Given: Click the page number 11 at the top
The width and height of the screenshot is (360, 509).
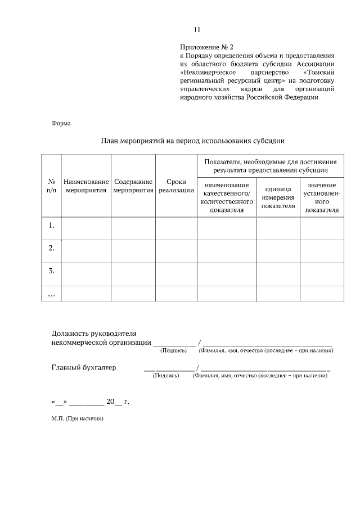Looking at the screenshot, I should click(197, 30).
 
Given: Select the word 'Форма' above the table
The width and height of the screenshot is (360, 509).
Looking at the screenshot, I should click(61, 123).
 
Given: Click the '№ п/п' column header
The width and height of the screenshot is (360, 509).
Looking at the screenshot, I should click(51, 186).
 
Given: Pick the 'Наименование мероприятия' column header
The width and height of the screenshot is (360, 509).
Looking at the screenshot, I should click(86, 186).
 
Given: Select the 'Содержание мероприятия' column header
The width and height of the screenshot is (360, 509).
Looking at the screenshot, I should click(133, 186).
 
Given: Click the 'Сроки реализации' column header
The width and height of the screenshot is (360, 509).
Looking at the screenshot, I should click(176, 186).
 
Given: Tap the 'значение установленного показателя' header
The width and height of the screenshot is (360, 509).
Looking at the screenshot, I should click(322, 197).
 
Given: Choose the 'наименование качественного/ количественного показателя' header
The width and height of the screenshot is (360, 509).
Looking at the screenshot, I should click(227, 197).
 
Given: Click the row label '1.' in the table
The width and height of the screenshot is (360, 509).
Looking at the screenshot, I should click(51, 226).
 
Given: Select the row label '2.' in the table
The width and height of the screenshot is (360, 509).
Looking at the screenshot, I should click(51, 248).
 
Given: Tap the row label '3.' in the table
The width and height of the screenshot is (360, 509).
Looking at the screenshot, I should click(51, 271).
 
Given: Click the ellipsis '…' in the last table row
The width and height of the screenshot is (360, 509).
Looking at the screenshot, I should click(51, 293).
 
